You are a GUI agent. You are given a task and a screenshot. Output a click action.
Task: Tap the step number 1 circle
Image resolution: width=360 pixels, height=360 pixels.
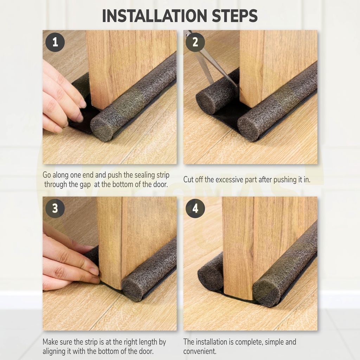tap(55, 42)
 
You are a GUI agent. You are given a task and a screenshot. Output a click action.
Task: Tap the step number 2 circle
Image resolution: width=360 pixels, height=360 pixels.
tap(195, 42)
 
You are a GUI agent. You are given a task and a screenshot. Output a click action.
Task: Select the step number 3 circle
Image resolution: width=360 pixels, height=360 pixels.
tap(55, 208)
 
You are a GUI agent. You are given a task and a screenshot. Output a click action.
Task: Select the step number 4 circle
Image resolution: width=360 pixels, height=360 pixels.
tap(195, 208)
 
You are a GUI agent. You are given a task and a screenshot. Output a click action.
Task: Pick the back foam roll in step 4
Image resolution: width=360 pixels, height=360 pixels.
tap(210, 272)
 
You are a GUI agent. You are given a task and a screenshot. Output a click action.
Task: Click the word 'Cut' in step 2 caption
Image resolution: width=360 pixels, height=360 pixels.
tap(188, 179)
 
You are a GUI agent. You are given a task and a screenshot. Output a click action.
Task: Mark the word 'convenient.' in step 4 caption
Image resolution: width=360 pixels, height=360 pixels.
tap(200, 351)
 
